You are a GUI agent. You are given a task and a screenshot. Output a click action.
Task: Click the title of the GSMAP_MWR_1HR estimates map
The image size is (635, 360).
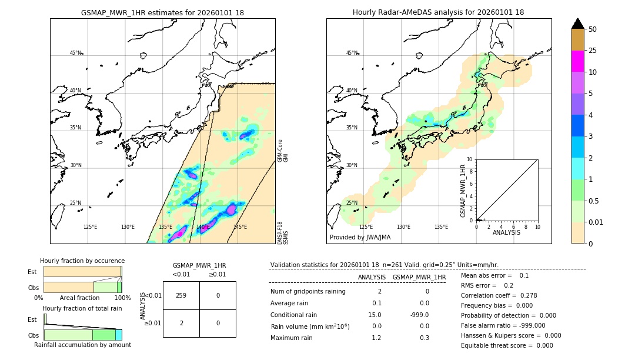pos(162,12)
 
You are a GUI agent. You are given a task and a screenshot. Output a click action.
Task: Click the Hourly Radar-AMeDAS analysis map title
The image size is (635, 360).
pos(439,12)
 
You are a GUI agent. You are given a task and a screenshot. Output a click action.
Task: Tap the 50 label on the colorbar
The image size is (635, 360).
pos(593,29)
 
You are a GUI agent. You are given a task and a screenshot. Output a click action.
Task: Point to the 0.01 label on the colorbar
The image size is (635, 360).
pos(596,222)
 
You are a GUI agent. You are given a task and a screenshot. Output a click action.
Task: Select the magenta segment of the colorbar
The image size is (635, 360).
pos(577,61)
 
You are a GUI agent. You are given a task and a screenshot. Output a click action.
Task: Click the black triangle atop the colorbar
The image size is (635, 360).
pos(577,24)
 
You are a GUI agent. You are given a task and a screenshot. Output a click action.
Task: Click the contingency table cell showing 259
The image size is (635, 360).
pos(181,295)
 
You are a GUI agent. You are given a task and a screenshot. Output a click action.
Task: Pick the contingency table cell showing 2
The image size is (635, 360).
pos(181,323)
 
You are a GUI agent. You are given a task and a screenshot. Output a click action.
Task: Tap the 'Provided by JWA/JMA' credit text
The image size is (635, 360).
pos(360,237)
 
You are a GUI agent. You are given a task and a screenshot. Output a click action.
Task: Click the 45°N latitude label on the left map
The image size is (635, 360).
pos(75,53)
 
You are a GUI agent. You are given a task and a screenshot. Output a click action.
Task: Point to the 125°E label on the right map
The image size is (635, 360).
pos(366,227)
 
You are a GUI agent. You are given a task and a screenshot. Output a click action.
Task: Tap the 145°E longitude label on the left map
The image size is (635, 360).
pos(240,227)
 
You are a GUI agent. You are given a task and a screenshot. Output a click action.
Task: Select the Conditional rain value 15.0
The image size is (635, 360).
pos(376,315)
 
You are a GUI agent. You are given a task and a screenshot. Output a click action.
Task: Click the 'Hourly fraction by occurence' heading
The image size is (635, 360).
pos(82,261)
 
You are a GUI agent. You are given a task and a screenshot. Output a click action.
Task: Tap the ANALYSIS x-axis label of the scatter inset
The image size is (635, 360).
pos(507,232)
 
